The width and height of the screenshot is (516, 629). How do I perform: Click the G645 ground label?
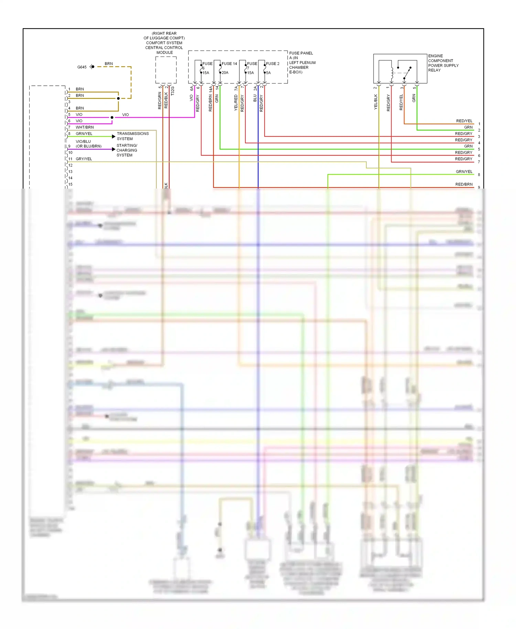click(x=82, y=67)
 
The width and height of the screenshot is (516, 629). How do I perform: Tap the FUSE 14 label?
click(x=229, y=64)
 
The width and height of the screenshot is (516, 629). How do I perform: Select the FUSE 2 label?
click(x=272, y=64)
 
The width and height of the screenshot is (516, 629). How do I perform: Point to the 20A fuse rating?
click(x=225, y=73)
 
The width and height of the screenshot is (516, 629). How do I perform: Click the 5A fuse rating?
click(x=268, y=73)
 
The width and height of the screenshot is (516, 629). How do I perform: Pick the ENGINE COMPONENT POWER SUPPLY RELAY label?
click(x=443, y=63)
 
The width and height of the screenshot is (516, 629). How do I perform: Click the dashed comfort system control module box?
click(x=166, y=70)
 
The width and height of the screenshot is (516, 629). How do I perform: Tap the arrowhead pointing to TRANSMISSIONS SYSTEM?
click(x=114, y=137)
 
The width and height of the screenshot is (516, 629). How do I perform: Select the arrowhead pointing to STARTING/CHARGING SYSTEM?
click(x=114, y=149)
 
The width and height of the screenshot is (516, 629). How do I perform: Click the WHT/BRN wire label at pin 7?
click(x=85, y=127)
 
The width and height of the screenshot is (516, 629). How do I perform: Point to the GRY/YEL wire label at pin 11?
click(x=84, y=159)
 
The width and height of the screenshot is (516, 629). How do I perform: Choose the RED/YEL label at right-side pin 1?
click(x=464, y=121)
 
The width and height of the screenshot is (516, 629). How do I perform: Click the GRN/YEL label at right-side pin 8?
click(x=464, y=172)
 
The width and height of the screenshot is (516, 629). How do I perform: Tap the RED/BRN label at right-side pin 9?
click(x=464, y=184)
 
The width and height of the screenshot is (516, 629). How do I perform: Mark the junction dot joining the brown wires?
click(x=118, y=98)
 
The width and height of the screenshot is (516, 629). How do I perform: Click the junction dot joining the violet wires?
click(x=112, y=118)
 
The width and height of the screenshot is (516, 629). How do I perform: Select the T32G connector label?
click(x=172, y=91)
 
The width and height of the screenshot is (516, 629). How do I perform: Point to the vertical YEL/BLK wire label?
click(x=376, y=102)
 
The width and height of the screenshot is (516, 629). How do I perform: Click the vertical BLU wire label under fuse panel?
click(x=255, y=98)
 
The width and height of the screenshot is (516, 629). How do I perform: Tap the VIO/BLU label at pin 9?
click(x=83, y=141)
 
